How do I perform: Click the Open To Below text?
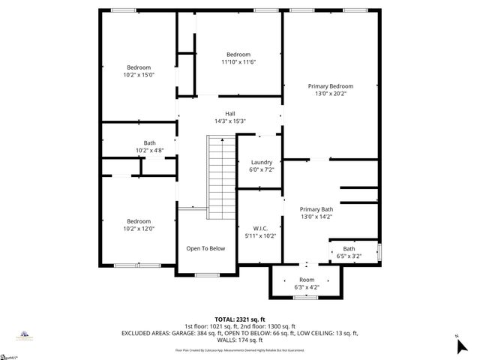pos(205,248)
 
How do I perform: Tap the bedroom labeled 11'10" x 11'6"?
pos(238,58)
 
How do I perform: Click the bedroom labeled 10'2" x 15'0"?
pos(139,71)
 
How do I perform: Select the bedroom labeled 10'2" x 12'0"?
pos(139,225)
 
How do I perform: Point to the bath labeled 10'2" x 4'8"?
pos(150,147)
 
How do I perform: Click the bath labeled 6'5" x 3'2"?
pos(349,253)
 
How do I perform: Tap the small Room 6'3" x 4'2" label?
pos(307,283)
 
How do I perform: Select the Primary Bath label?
pos(316,213)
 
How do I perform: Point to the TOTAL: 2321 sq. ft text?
pos(240,319)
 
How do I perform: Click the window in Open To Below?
pos(205,275)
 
